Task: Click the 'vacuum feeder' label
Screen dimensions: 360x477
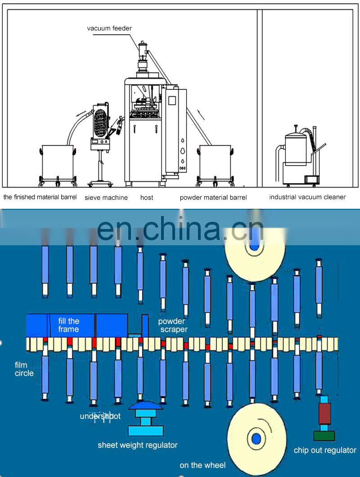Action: pyautogui.click(x=109, y=28)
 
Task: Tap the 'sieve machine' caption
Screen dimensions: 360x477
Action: pyautogui.click(x=106, y=198)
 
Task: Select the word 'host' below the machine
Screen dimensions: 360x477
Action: pyautogui.click(x=147, y=198)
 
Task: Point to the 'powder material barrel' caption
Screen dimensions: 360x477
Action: pyautogui.click(x=213, y=198)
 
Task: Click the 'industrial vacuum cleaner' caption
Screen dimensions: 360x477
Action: pyautogui.click(x=307, y=197)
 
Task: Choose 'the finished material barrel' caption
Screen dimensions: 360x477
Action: pyautogui.click(x=40, y=197)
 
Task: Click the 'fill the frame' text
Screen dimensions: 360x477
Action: pyautogui.click(x=68, y=325)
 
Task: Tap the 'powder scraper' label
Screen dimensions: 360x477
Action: pyautogui.click(x=172, y=325)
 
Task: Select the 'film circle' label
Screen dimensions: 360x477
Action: pyautogui.click(x=24, y=369)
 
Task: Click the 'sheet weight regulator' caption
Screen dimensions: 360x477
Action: pyautogui.click(x=138, y=445)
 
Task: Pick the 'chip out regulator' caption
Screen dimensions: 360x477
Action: pyautogui.click(x=325, y=450)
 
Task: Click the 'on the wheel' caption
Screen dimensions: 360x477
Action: pyautogui.click(x=202, y=465)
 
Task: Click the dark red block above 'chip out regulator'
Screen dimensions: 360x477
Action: pyautogui.click(x=324, y=413)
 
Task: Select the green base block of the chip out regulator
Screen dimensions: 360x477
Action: pyautogui.click(x=324, y=435)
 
